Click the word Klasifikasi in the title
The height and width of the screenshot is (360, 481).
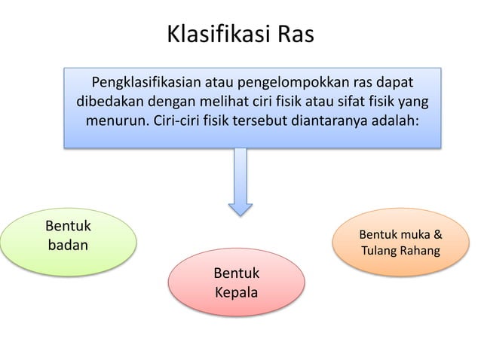[209, 35]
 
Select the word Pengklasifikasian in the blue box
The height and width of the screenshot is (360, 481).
[146, 81]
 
